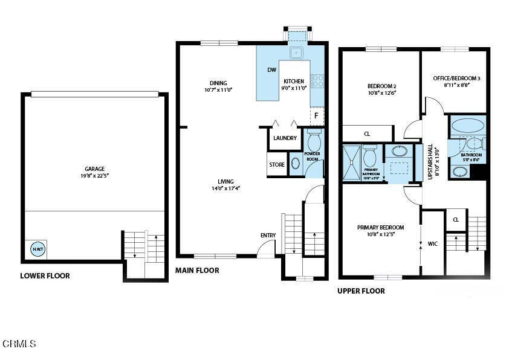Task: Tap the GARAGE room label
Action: pos(94,169)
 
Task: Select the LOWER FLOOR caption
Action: pos(45,276)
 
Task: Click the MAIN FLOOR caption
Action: pos(197,271)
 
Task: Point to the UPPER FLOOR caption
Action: pos(361,291)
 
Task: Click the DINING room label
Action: pos(218,83)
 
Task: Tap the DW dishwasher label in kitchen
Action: pos(271,70)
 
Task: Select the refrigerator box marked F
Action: pos(316,115)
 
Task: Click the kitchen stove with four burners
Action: pos(317,80)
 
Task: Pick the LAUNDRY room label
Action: pos(285,138)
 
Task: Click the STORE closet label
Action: pos(277,164)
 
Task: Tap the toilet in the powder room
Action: pos(314,142)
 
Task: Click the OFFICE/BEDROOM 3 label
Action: pos(456,79)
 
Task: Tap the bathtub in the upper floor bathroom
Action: pos(468,126)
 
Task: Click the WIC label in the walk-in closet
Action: pos(432,244)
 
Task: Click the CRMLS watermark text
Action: pos(19,344)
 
